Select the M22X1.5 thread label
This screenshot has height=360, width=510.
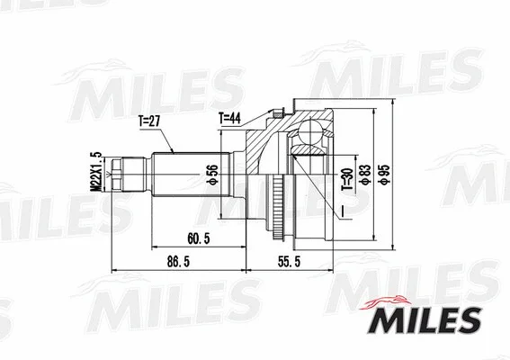tap(94, 169)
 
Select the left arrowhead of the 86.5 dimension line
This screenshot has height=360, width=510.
tap(112, 270)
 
